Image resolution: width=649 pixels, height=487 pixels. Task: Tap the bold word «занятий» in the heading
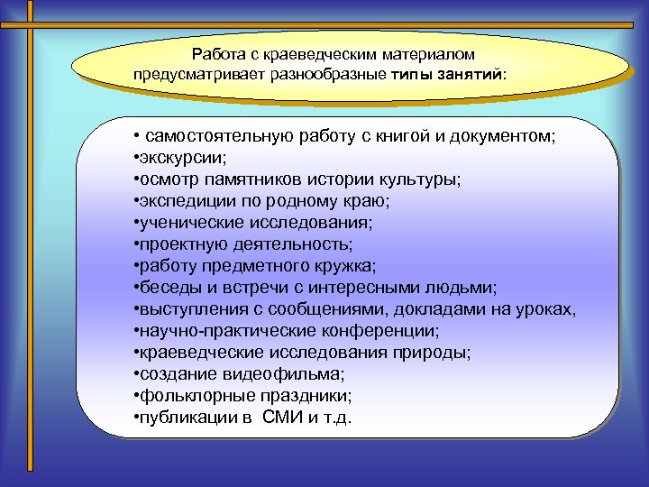point(474,75)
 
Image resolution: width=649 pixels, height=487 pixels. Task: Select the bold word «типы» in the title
point(415,75)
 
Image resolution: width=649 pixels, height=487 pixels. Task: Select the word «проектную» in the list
point(174,243)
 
